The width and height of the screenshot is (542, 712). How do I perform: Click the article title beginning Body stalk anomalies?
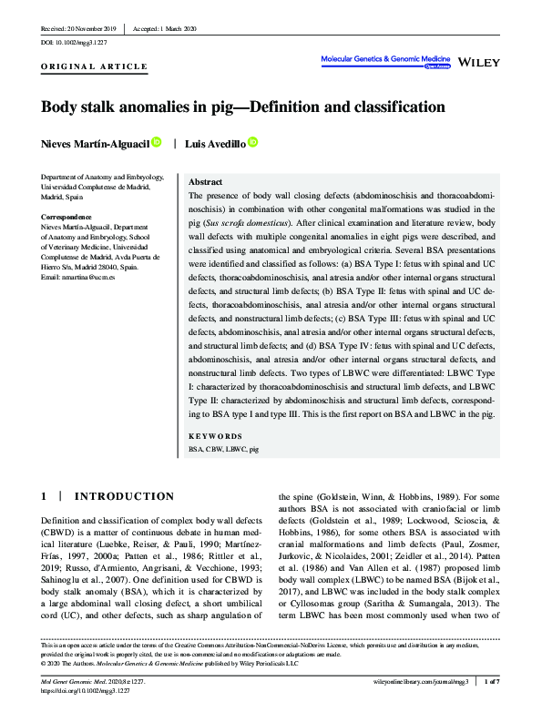pos(243,107)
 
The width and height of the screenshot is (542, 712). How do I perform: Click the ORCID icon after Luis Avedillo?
pos(252,142)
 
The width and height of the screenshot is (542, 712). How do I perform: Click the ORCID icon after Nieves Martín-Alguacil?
pos(157,142)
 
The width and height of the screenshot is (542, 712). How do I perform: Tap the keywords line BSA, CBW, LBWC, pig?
pos(223,450)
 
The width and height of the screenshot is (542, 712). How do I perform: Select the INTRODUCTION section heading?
pos(123,496)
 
